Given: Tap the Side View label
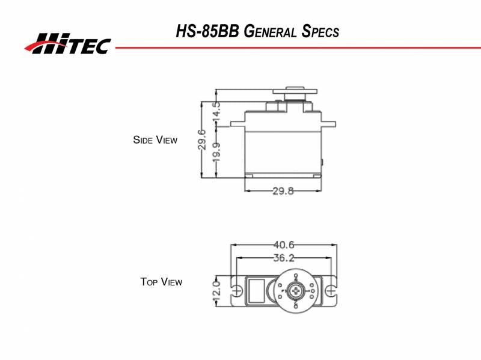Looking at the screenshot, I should pyautogui.click(x=155, y=140).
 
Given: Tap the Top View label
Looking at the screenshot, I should pyautogui.click(x=161, y=281).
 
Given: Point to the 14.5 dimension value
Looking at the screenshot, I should pyautogui.click(x=216, y=111).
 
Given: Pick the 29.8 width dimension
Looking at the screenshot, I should pyautogui.click(x=283, y=192).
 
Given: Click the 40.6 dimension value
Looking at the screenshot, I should pyautogui.click(x=283, y=245).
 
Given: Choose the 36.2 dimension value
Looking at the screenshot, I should pyautogui.click(x=283, y=258).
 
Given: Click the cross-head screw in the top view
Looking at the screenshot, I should pyautogui.click(x=296, y=291).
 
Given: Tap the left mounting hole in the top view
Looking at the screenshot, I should pyautogui.click(x=237, y=291).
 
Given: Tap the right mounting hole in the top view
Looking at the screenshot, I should pyautogui.click(x=330, y=291).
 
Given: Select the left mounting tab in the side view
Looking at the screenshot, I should pyautogui.click(x=237, y=123).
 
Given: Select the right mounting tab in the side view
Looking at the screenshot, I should pyautogui.click(x=329, y=123).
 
